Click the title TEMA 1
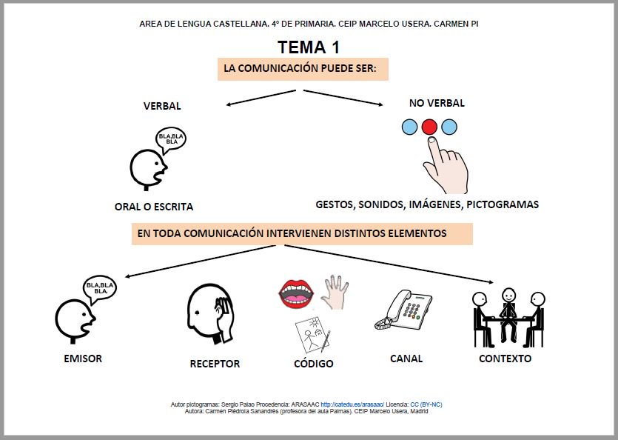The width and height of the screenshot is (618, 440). point(308,47)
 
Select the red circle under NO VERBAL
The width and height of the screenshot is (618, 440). point(429,127)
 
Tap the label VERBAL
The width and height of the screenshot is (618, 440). point(162,106)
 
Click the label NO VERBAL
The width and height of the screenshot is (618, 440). point(437,103)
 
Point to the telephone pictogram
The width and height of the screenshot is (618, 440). point(403,310)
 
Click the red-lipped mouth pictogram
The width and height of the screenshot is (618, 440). point(296,294)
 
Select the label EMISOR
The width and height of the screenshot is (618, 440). point(83,359)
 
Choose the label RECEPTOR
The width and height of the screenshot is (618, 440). point(215,364)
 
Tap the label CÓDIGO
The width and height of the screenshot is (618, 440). point(314,363)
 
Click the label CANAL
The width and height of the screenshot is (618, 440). point(406,359)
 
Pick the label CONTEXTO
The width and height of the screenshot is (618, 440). point(506,359)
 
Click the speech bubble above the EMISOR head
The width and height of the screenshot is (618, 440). point(100,289)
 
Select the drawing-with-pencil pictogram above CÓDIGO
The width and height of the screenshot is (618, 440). point(312,334)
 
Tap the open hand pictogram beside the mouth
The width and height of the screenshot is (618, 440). point(335,293)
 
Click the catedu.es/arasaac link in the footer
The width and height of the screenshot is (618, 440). point(352,404)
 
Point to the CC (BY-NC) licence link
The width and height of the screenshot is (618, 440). point(426,404)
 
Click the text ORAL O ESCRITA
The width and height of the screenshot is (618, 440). point(154,207)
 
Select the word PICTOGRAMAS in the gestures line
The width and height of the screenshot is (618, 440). point(503,204)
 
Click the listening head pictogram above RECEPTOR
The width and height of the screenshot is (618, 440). point(211,314)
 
